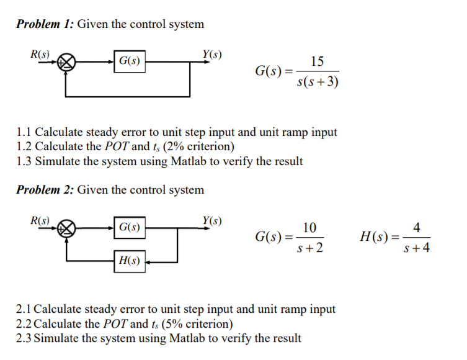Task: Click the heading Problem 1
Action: pos(45,24)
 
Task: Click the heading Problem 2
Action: pos(45,190)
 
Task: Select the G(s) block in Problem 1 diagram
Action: pos(129,61)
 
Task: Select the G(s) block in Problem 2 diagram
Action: pos(129,228)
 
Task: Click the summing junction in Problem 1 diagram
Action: pos(66,61)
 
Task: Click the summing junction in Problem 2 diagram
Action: pos(66,228)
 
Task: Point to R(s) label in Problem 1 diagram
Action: pos(40,53)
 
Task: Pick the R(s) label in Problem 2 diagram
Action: pos(40,220)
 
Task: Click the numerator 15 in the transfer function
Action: pos(317,61)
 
